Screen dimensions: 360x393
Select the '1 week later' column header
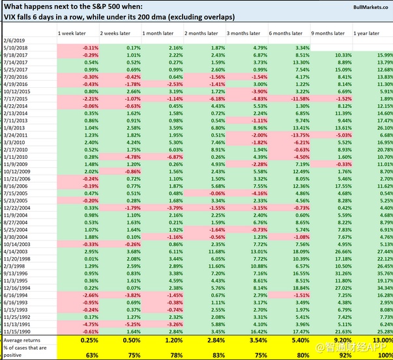[x=72, y=33]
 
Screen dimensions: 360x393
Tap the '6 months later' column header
[x=284, y=33]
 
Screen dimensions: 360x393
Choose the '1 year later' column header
[x=368, y=33]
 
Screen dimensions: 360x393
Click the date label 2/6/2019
[x=14, y=40]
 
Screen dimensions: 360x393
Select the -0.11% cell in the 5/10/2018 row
[x=89, y=48]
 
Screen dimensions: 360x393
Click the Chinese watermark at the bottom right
[x=362, y=353]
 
